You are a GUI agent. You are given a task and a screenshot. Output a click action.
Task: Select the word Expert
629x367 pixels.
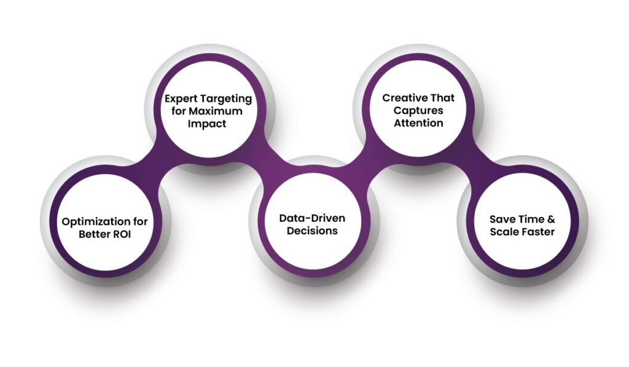(182, 100)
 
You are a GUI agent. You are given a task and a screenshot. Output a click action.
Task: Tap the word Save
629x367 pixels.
(501, 219)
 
